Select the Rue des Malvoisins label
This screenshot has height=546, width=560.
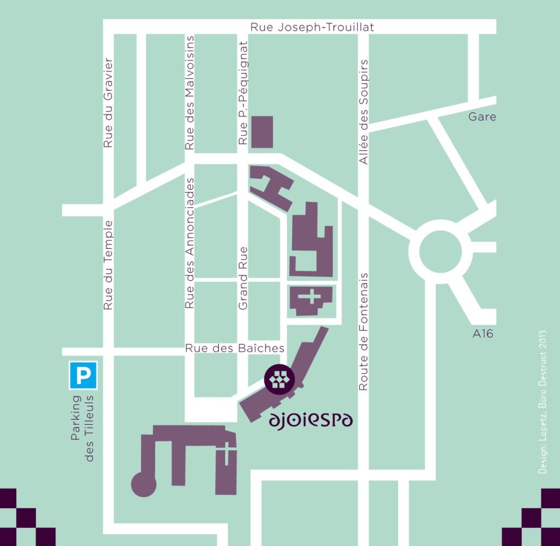190,93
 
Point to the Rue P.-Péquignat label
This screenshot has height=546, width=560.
243,93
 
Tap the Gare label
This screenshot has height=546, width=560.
482,116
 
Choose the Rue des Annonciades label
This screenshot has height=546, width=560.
190,243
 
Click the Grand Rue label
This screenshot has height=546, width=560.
243,278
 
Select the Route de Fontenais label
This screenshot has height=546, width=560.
363,332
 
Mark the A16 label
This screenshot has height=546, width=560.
483,333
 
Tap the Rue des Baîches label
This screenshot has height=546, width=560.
235,348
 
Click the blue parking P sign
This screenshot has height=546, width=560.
83,375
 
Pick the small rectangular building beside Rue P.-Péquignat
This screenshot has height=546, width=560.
261,132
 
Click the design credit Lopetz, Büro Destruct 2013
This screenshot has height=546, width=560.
542,402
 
